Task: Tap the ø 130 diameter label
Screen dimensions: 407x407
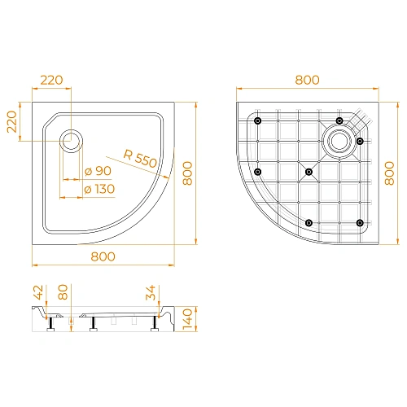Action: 100,190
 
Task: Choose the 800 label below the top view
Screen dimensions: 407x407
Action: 103,256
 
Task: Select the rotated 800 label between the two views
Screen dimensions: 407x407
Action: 187,173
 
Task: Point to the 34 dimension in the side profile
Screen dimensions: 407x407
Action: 151,292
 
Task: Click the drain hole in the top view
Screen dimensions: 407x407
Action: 71,139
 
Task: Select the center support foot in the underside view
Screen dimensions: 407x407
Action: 308,172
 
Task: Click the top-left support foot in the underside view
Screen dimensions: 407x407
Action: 257,121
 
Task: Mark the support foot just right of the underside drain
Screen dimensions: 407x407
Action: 360,141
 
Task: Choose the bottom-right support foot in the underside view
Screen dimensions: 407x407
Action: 359,222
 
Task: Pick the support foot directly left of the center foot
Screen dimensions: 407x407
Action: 257,172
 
